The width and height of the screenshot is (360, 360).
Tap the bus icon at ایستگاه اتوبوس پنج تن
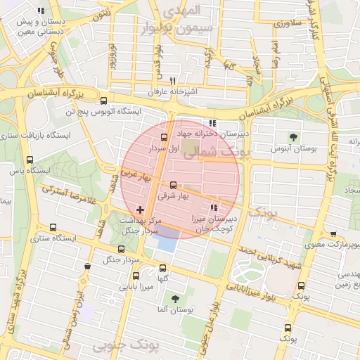click(x=104, y=101)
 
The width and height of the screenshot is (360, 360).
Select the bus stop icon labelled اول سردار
click(x=165, y=137)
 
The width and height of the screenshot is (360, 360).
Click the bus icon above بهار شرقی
click(x=174, y=185)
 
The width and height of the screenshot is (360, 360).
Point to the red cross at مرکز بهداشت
click(x=139, y=210)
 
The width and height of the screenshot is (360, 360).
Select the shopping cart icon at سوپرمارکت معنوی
click(x=333, y=234)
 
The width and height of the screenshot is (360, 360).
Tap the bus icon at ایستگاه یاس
click(x=29, y=160)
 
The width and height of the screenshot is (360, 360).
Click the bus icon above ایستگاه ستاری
click(x=54, y=227)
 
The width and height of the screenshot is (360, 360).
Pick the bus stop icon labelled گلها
click(x=163, y=268)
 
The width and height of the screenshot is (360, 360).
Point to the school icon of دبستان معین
click(x=41, y=11)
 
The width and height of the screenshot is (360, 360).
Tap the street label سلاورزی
click(x=288, y=23)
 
